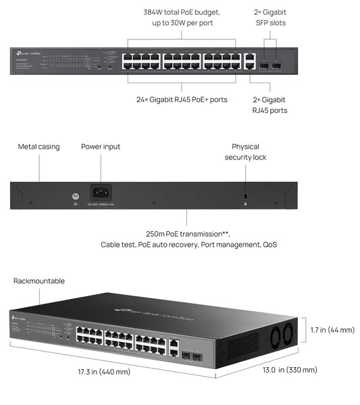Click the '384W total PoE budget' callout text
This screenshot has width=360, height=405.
tap(181, 12)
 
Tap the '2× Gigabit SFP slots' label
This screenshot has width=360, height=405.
tap(269, 18)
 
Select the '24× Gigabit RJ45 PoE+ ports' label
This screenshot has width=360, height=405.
tap(181, 99)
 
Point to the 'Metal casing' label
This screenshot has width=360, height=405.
tap(38, 146)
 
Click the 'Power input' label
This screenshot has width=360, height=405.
tap(101, 146)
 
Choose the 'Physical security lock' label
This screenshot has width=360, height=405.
tap(245, 151)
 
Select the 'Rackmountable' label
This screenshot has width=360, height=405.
tap(39, 281)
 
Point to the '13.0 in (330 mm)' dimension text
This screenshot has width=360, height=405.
tap(289, 370)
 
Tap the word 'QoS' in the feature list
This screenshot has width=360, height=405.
tap(269, 244)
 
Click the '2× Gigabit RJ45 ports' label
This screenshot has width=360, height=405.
tap(269, 104)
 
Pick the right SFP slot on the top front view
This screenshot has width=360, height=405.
tap(276, 66)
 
